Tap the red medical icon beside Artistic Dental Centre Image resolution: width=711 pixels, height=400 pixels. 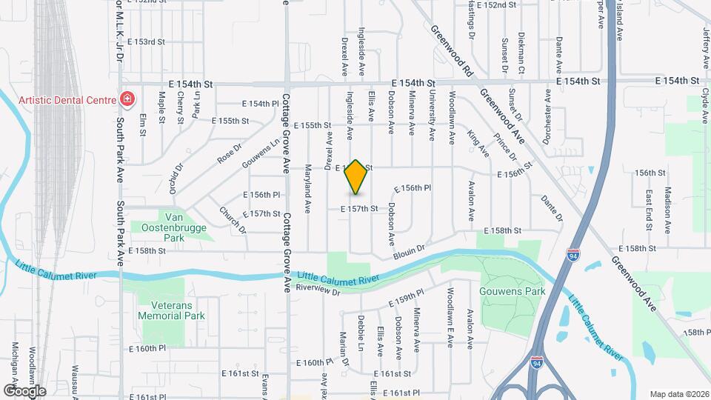click(x=127, y=99)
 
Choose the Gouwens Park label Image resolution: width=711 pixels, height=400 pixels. click(x=513, y=291)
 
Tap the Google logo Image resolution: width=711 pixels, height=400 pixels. click(x=24, y=390)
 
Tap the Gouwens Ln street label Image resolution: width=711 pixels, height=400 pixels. click(x=265, y=150)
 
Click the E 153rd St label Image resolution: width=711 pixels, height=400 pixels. click(x=145, y=41)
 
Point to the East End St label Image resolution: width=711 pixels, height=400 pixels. click(x=647, y=208)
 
